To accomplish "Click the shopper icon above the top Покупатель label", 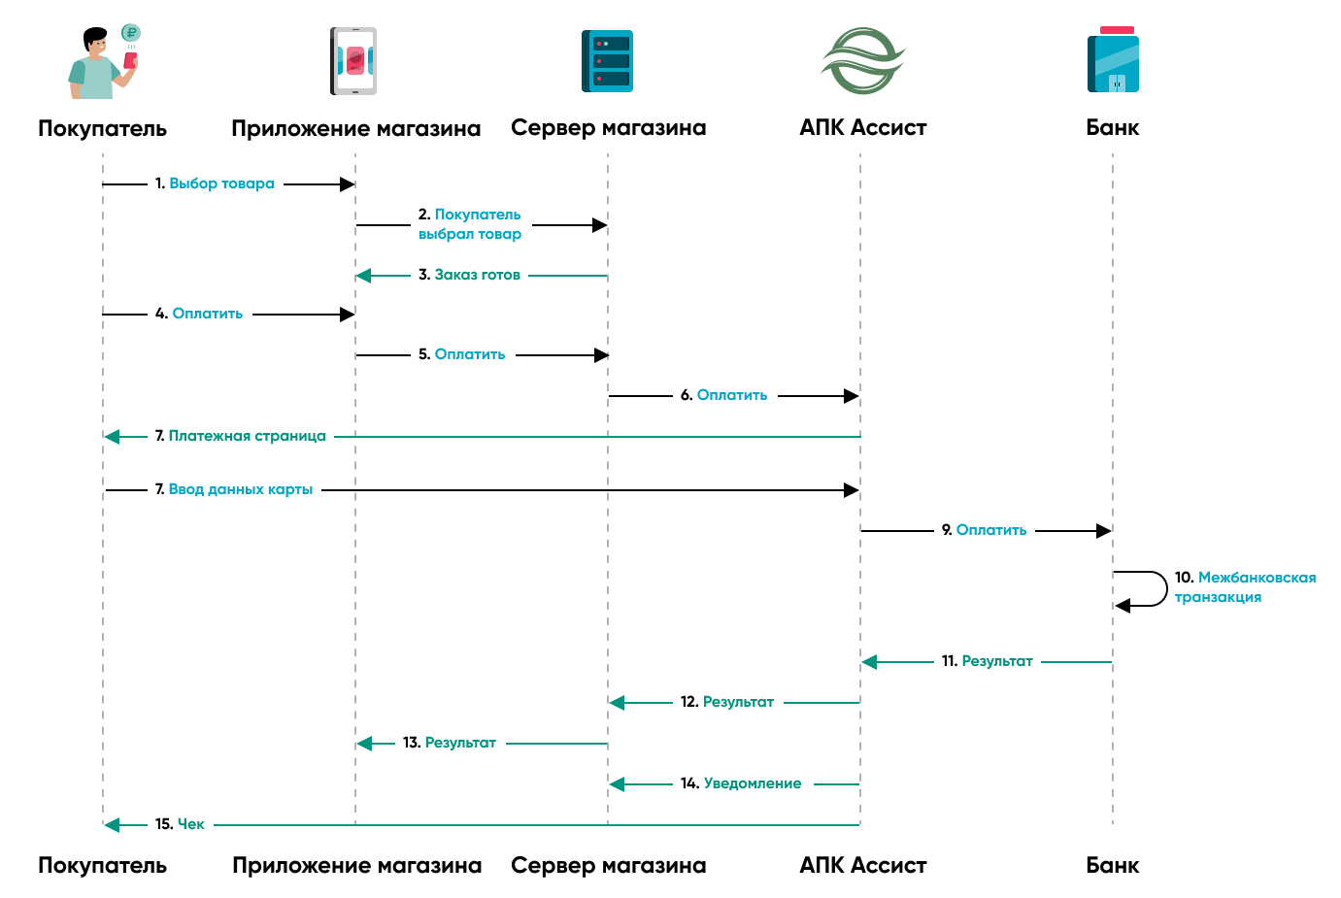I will pos(103,62).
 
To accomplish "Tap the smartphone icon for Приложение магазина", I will pos(353,61).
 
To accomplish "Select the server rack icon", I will pos(607,61).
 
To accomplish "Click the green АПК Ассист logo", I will pos(862,60).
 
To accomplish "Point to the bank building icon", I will pos(1113,61).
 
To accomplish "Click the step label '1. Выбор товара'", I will pos(215,183).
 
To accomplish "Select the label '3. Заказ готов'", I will pos(469,275).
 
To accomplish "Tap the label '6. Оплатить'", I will pos(723,395).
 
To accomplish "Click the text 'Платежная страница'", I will pos(247,436).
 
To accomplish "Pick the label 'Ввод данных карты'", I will pos(240,489).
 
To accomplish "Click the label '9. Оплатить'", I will pos(984,530).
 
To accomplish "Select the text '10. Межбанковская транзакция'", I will pos(1244,587).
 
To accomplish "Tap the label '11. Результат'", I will pos(987,661).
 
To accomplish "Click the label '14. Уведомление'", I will pos(741,783).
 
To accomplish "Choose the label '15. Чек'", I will pos(180,824).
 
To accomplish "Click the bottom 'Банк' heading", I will pos(1113,865).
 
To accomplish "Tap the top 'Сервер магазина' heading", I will pos(608,127).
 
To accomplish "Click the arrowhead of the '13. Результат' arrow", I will pos(363,744).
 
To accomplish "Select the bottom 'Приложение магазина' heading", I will pos(356,865).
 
